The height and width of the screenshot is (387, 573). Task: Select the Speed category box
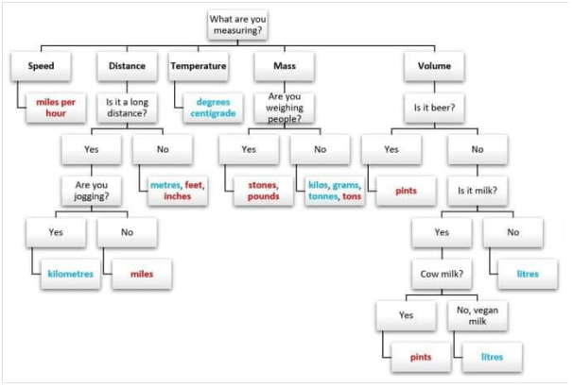tap(40, 66)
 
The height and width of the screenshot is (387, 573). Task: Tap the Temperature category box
tap(198, 66)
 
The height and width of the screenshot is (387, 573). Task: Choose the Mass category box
tap(284, 66)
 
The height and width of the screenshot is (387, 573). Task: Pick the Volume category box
tap(434, 66)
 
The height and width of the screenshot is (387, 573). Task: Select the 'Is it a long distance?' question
tap(127, 107)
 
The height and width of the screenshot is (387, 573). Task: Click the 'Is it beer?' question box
tap(434, 107)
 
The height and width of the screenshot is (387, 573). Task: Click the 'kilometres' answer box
tap(71, 273)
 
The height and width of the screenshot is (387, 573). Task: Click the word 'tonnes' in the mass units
tap(323, 196)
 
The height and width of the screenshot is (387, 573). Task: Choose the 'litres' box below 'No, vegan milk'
tap(489, 357)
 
